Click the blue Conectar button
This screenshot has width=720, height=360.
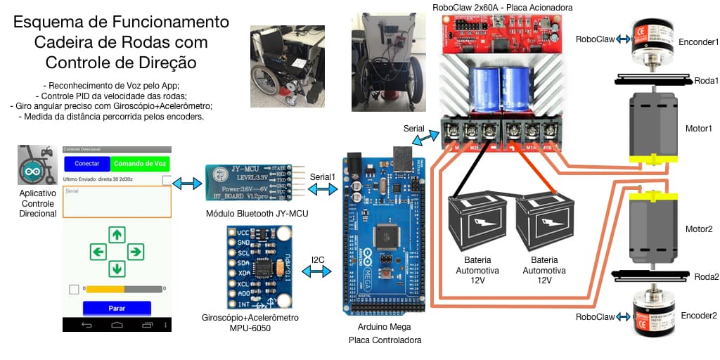pyautogui.click(x=87, y=164)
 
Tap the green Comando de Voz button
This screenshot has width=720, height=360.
pyautogui.click(x=140, y=164)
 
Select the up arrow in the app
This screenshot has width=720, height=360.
pyautogui.click(x=117, y=234)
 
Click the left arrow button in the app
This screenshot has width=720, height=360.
pyautogui.click(x=98, y=251)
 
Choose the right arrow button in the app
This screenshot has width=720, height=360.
pyautogui.click(x=136, y=251)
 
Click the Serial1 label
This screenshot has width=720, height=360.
pyautogui.click(x=322, y=177)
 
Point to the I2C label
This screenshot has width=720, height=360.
pyautogui.click(x=318, y=259)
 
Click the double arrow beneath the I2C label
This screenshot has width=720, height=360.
pyautogui.click(x=317, y=271)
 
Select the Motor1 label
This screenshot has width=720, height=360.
pyautogui.click(x=699, y=129)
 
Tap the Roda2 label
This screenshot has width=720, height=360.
pyautogui.click(x=706, y=276)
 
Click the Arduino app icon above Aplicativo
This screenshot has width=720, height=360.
pyautogui.click(x=37, y=165)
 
